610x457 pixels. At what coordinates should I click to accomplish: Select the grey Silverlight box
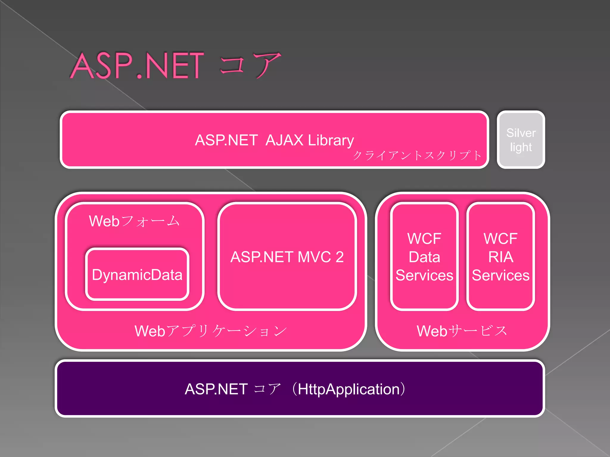tap(521, 140)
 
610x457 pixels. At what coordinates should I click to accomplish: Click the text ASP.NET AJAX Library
tap(274, 140)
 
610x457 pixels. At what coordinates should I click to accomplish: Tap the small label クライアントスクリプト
tap(417, 155)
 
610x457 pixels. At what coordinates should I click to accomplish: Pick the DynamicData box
tap(137, 275)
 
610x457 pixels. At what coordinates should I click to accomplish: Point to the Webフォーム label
tap(134, 221)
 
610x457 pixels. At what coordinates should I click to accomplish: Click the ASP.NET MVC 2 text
tap(287, 257)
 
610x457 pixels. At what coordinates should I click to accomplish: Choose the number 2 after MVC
tap(340, 257)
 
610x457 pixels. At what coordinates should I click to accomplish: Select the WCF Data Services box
tap(424, 257)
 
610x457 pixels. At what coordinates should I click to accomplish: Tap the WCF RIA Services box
tap(501, 257)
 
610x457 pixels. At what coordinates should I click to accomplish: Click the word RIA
tap(501, 257)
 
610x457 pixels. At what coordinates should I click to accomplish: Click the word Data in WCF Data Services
tap(424, 257)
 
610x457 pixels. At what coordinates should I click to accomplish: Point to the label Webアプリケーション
tap(211, 331)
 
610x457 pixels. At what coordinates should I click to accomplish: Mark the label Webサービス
tap(462, 331)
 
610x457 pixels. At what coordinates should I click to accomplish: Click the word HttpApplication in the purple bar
tap(348, 389)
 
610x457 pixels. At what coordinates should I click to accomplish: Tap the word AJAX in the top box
tap(284, 140)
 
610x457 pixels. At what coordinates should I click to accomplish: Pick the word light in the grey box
tap(521, 147)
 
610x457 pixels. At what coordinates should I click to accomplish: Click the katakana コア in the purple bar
tap(267, 389)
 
